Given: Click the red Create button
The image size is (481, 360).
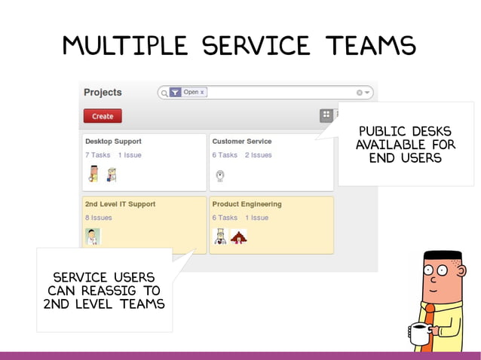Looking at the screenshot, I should (x=103, y=116).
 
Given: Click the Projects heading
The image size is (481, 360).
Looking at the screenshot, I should (x=103, y=92).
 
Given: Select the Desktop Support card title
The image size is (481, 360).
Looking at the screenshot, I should (x=113, y=141).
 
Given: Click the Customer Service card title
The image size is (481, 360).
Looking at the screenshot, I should (x=242, y=141).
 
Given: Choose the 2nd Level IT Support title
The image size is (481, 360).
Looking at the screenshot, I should (x=120, y=204).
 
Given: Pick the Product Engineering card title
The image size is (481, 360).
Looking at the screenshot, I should (x=247, y=204).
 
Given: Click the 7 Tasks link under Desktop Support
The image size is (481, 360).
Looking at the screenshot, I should (x=98, y=155).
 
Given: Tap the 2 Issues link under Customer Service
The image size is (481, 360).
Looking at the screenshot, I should (x=258, y=155).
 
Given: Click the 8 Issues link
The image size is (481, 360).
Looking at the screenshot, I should (x=98, y=218).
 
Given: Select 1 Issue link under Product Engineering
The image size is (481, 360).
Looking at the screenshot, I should (x=256, y=218).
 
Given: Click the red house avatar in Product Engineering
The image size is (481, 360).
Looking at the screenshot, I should (x=238, y=237).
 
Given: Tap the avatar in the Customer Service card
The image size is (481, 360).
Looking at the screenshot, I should (x=219, y=175).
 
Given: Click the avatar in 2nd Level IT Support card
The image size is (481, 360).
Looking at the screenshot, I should (x=92, y=236).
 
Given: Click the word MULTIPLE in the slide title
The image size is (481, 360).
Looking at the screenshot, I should (x=125, y=47).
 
